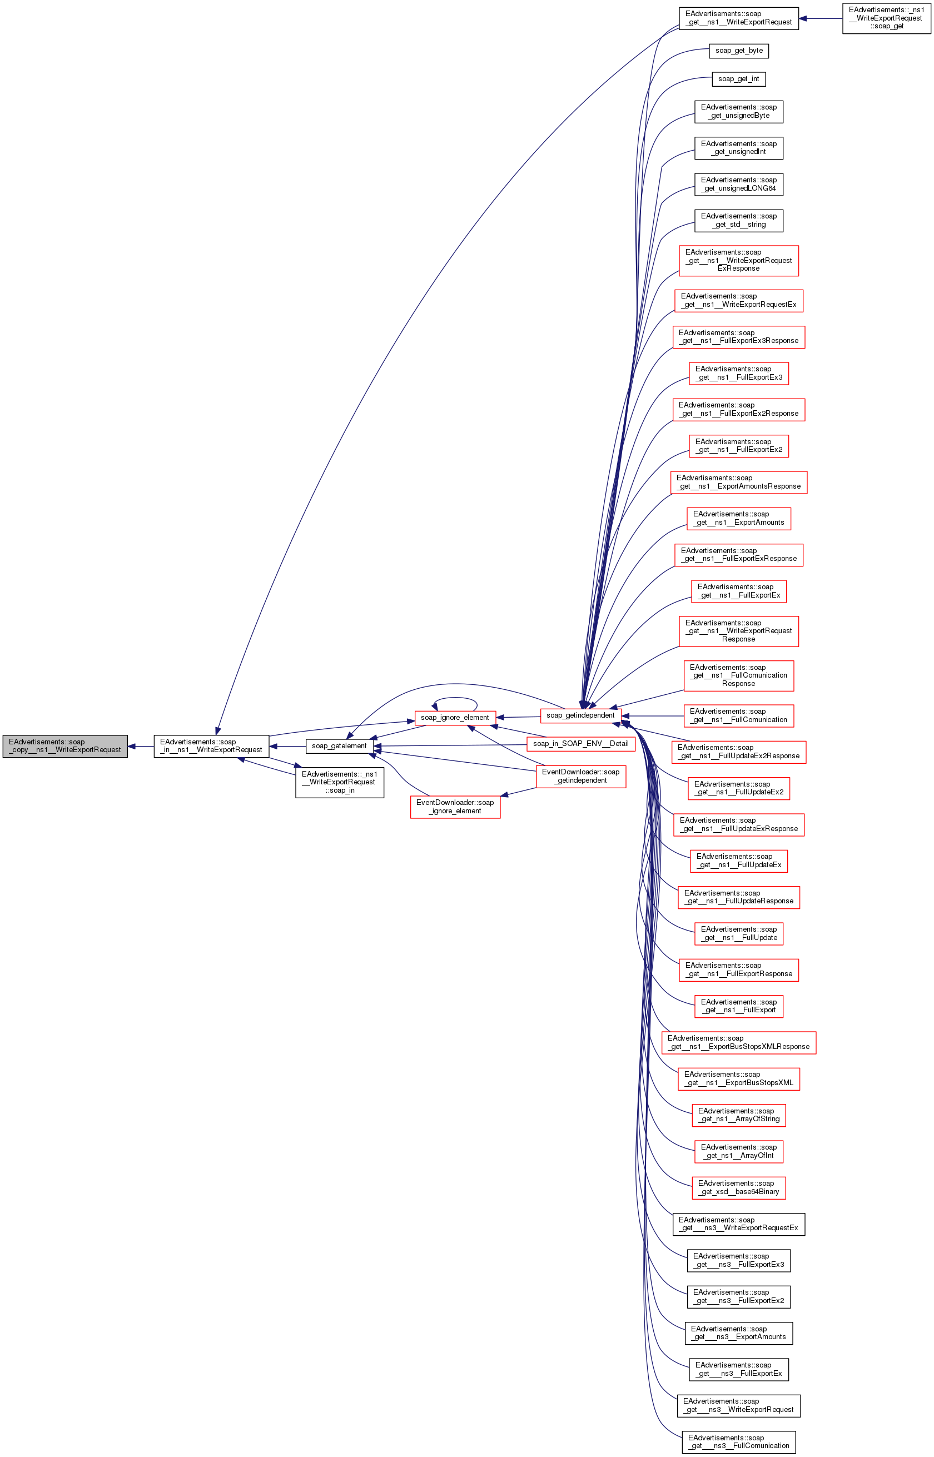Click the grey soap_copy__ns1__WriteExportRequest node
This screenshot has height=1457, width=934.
pyautogui.click(x=65, y=746)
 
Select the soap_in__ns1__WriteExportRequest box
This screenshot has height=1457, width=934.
pyautogui.click(x=211, y=746)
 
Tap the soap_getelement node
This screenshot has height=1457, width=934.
pyautogui.click(x=339, y=746)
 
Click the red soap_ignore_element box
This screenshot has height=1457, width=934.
pyautogui.click(x=455, y=718)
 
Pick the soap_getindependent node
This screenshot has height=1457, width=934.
pyautogui.click(x=580, y=715)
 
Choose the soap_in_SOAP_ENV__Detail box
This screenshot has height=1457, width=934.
pyautogui.click(x=580, y=744)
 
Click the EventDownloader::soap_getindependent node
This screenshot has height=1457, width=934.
pyautogui.click(x=580, y=776)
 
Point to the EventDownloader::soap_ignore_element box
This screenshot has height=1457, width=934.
pyautogui.click(x=455, y=807)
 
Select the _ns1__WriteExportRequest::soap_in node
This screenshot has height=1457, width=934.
pyautogui.click(x=340, y=782)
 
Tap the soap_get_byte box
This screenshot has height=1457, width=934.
pyautogui.click(x=739, y=51)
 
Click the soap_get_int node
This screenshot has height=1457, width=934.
pyautogui.click(x=739, y=79)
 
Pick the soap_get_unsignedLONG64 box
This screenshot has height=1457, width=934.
pyautogui.click(x=739, y=185)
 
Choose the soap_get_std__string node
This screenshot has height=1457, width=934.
pyautogui.click(x=739, y=220)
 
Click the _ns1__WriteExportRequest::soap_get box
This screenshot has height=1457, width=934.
pyautogui.click(x=886, y=18)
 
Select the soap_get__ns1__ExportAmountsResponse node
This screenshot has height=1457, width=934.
pyautogui.click(x=739, y=482)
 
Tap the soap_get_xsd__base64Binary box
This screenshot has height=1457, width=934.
pyautogui.click(x=739, y=1187)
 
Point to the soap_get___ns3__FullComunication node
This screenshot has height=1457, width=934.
pyautogui.click(x=739, y=1442)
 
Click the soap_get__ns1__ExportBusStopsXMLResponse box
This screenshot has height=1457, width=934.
pyautogui.click(x=739, y=1042)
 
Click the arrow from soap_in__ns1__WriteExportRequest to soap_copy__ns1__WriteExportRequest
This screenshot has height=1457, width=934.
pyautogui.click(x=141, y=747)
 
